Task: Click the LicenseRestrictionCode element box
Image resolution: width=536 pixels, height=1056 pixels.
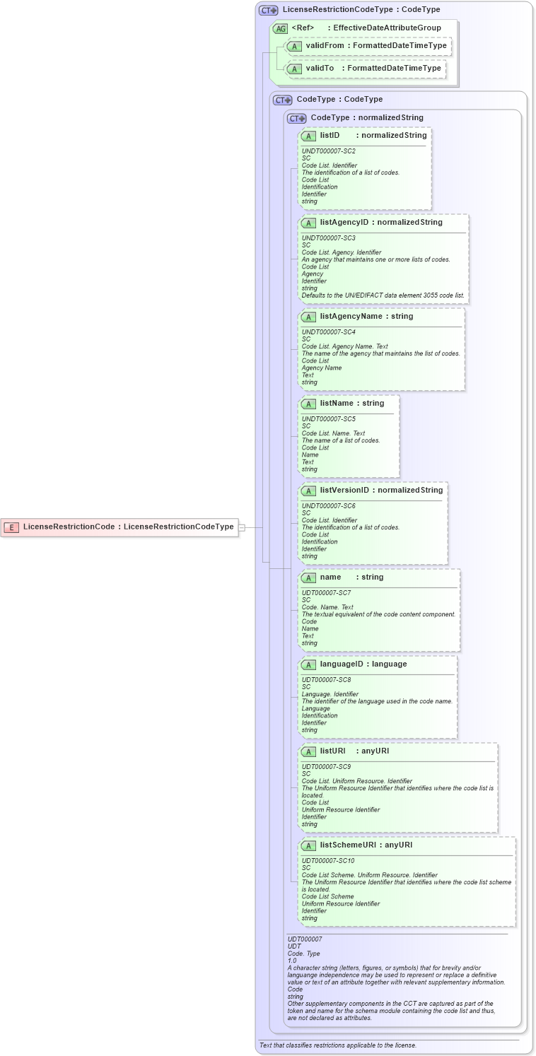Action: click(x=120, y=527)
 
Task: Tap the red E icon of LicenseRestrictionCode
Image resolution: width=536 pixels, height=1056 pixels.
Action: click(x=12, y=527)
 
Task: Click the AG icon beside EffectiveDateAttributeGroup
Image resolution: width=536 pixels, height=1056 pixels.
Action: click(x=281, y=28)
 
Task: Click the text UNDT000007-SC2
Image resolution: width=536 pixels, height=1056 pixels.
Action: click(x=328, y=151)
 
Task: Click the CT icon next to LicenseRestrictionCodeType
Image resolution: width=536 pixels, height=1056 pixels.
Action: click(x=268, y=10)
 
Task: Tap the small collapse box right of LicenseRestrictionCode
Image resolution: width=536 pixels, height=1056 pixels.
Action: click(x=242, y=527)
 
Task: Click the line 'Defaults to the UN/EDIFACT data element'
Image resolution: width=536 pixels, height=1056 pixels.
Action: click(x=383, y=295)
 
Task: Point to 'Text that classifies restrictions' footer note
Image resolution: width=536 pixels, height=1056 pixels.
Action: click(x=337, y=1045)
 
